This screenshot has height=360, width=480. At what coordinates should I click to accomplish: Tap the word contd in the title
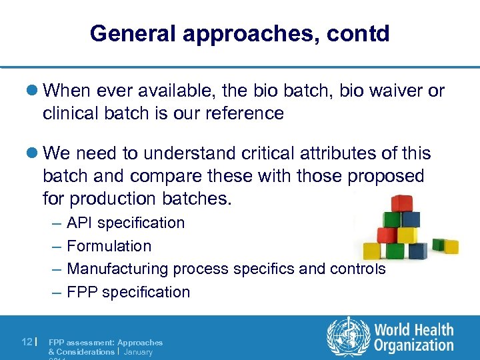(359, 33)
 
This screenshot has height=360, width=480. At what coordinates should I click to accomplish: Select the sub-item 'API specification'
(125, 223)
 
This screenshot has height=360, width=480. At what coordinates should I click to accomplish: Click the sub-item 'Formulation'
(109, 246)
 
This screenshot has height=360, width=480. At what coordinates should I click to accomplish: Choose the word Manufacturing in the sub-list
(118, 269)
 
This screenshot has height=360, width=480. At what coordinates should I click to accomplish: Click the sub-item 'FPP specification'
(128, 292)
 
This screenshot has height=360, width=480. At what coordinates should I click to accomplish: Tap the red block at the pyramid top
(402, 203)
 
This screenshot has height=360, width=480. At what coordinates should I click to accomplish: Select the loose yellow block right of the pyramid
(451, 246)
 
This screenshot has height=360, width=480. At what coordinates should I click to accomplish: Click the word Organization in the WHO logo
(413, 345)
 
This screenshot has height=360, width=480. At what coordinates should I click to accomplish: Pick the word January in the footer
(138, 351)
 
